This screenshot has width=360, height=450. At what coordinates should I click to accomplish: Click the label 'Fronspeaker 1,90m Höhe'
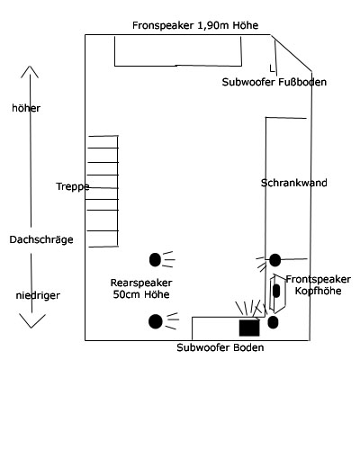coord(195,25)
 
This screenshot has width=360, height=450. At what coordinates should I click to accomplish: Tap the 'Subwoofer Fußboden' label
coord(274,82)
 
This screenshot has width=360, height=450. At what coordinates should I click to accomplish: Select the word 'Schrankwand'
coord(294,183)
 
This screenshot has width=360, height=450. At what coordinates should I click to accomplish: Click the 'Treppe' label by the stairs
coord(73,186)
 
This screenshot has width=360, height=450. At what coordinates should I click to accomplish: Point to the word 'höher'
coord(26,108)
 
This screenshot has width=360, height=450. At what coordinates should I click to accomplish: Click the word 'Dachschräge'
coord(41,239)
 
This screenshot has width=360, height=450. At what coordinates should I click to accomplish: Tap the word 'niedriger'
coord(38,295)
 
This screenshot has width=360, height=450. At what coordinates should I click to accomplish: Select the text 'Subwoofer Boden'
coord(220,347)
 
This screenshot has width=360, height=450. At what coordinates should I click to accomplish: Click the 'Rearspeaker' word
coord(141,283)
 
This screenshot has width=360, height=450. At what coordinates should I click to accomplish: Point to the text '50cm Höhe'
coord(141,294)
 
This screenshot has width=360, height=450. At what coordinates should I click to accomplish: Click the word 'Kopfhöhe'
coord(318,291)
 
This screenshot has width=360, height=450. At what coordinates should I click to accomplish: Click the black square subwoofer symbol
coord(249,328)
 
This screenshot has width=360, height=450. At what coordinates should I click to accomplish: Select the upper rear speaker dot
coord(155,259)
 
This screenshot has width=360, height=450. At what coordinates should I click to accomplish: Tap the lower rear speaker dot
coord(156,321)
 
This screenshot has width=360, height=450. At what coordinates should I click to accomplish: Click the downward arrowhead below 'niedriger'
coord(31,320)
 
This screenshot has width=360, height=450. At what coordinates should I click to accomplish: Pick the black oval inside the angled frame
coord(276,291)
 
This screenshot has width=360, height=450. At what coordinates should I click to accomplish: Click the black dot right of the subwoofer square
coord(273,322)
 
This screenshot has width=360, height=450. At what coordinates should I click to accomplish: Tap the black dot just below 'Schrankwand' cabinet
coord(275,260)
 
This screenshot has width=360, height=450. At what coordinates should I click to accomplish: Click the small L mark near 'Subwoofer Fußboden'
coord(272,68)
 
